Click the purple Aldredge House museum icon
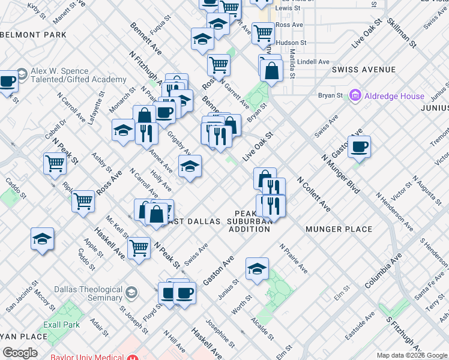pos(355,95)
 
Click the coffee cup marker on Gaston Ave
pos(359,147)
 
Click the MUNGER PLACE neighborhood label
pos(339,229)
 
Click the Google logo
pos(20,353)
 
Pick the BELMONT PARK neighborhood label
pos(34,35)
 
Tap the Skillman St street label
pos(402,32)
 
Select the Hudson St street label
pos(291,43)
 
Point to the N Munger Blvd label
pos(340,174)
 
